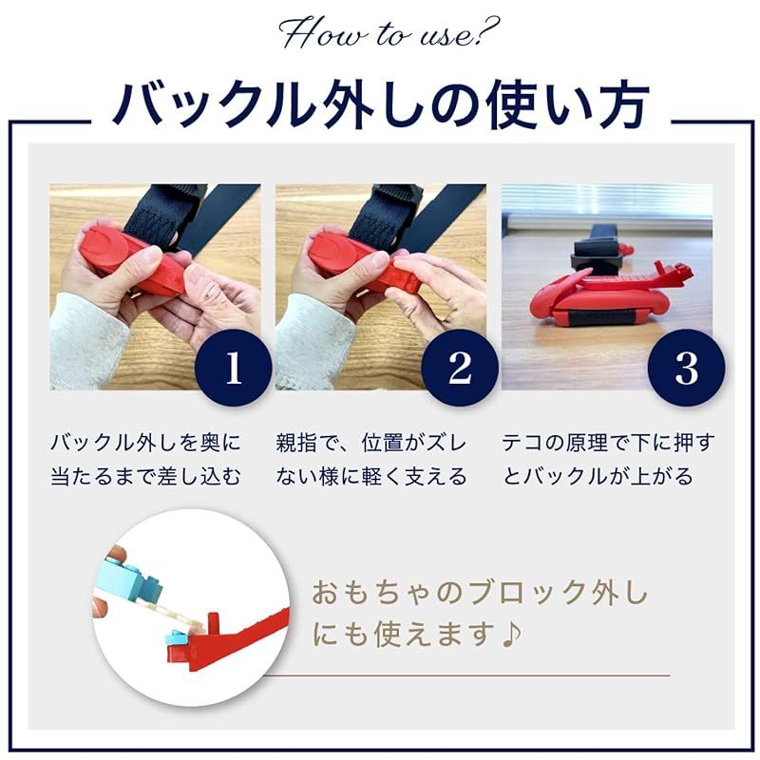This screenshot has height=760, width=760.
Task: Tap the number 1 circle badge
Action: coord(233,368)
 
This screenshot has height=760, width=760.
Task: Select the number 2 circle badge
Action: coord(460,368)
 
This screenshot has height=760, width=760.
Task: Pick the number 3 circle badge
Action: coord(686,368)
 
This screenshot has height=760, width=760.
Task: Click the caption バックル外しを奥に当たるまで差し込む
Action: coord(145,459)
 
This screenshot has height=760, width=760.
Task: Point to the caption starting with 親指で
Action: coord(371,459)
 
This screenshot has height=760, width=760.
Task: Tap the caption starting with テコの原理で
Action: coord(607,459)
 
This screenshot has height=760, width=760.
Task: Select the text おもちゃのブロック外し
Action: coord(480,596)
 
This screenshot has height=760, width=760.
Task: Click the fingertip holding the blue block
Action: coord(116,556)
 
